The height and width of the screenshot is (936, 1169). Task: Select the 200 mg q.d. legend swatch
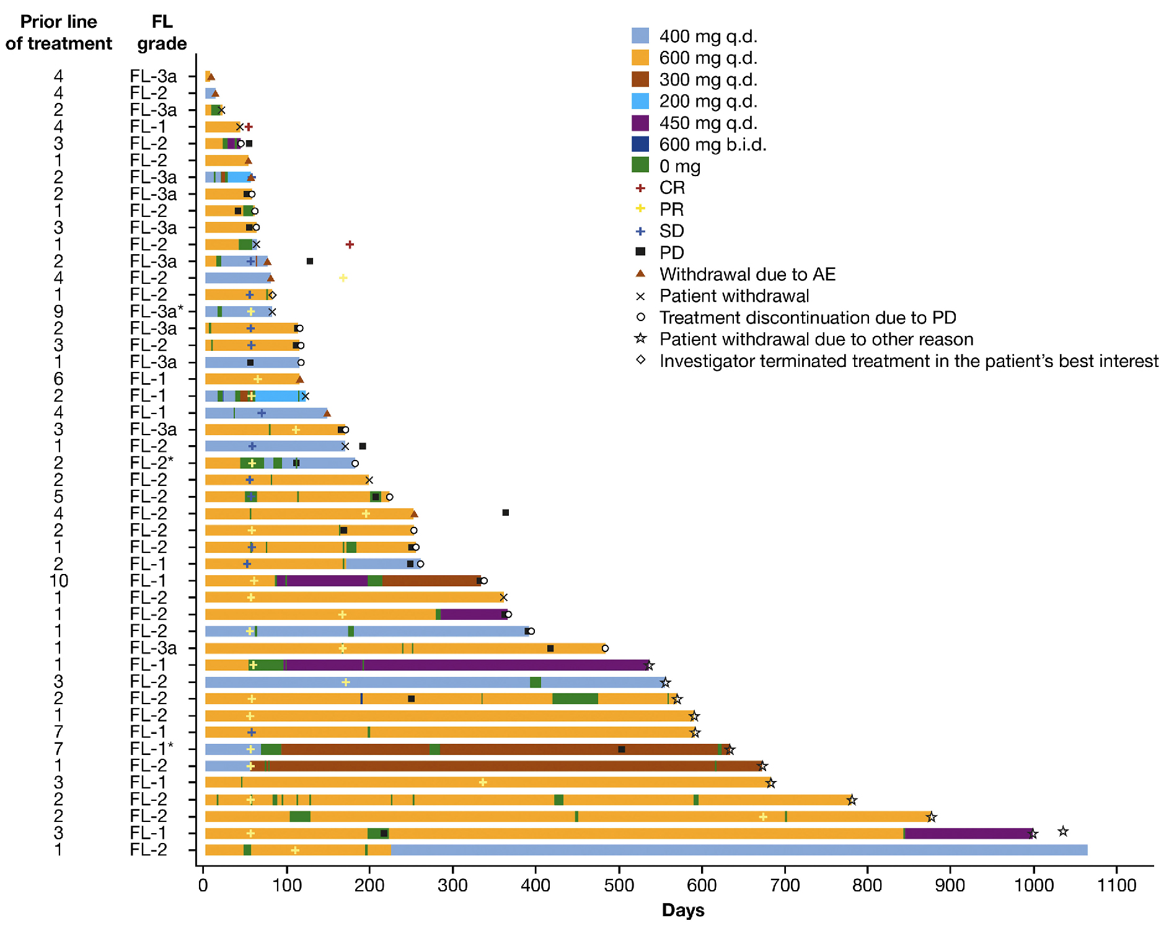click(640, 101)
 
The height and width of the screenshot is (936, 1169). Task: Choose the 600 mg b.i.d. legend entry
click(712, 144)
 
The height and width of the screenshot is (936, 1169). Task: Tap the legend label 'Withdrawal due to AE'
click(747, 274)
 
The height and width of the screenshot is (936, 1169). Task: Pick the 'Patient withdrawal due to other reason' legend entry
click(816, 339)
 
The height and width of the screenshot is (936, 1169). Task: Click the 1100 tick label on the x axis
click(1116, 885)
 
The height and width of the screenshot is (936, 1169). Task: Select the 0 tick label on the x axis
click(203, 885)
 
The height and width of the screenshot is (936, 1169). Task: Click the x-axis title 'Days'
click(682, 910)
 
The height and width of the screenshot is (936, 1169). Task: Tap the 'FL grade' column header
click(162, 32)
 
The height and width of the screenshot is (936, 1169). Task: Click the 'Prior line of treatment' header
click(59, 32)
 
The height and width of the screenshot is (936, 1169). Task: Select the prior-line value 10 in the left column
click(59, 581)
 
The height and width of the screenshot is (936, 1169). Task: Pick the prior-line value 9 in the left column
click(59, 311)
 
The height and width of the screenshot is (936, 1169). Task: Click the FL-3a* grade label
click(156, 311)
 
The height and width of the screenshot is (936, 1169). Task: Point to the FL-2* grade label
click(151, 463)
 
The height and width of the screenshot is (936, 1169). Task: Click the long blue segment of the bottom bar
click(738, 850)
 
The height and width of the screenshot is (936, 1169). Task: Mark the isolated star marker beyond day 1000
click(1063, 831)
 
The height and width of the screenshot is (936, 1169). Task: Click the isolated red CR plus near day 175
click(350, 244)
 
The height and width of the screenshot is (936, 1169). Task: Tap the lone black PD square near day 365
click(506, 513)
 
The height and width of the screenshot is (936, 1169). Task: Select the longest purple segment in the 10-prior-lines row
click(327, 581)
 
